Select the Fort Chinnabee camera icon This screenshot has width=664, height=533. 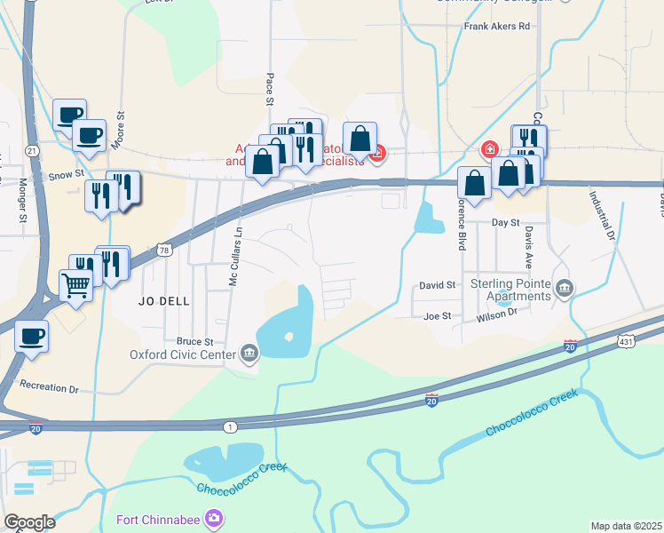tap(213, 518)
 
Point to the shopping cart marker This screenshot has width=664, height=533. tap(75, 285)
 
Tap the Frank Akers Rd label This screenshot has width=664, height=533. tap(496, 27)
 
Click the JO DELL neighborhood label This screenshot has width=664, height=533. tap(164, 301)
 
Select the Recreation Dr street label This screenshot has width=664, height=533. tap(50, 389)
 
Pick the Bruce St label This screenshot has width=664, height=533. tap(195, 341)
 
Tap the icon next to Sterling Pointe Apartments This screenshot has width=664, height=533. tap(565, 287)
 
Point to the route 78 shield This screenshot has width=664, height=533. tap(165, 251)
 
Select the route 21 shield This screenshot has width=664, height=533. tap(31, 152)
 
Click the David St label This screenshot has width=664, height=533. tap(438, 285)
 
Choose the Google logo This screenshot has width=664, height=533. tap(29, 522)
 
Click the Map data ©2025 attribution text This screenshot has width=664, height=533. tap(626, 526)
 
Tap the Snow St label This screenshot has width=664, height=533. tap(65, 176)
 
